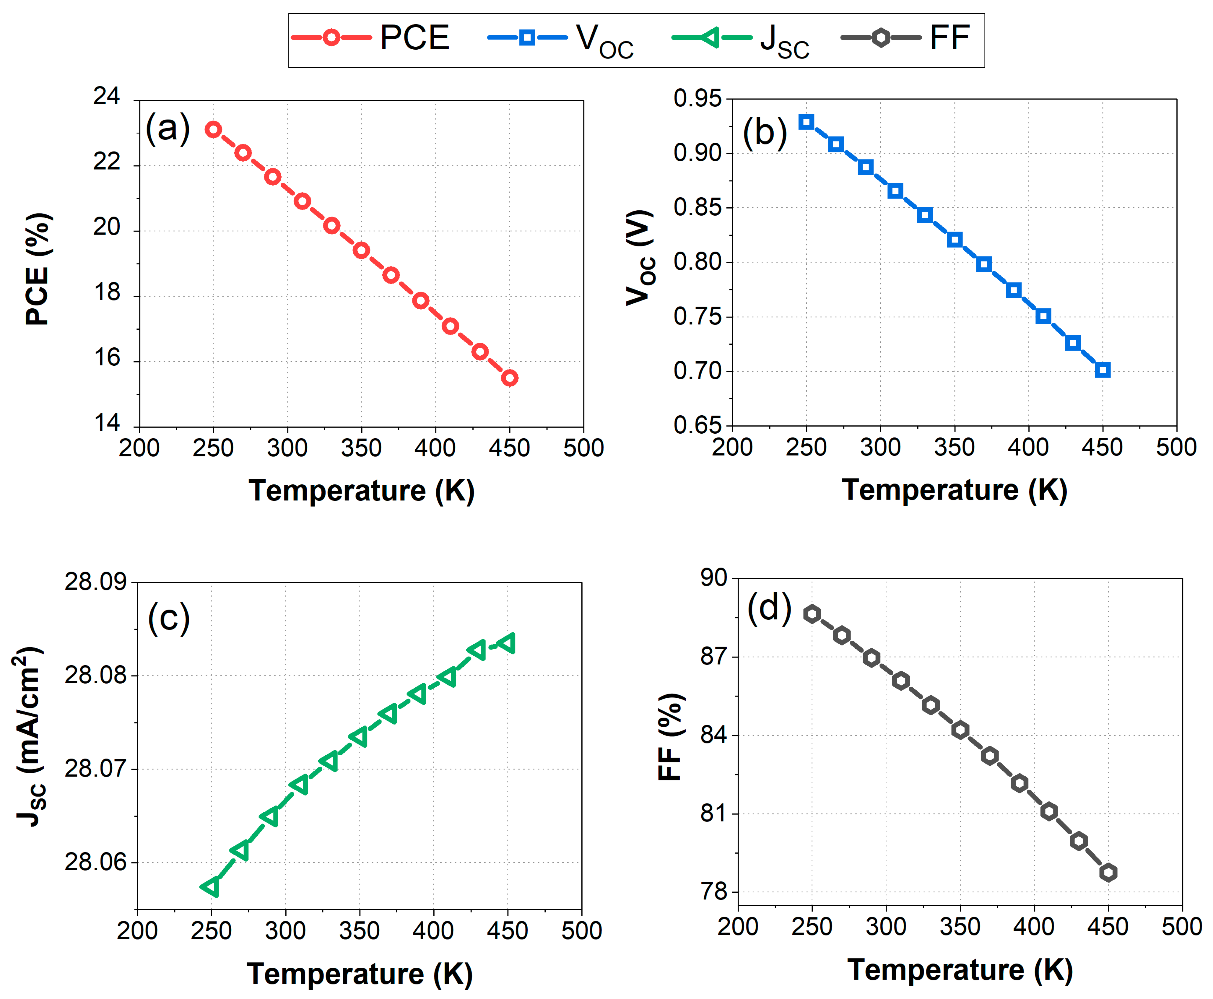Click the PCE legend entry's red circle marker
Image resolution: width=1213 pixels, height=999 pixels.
pyautogui.click(x=331, y=38)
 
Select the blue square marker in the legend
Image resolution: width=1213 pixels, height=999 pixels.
pyautogui.click(x=526, y=38)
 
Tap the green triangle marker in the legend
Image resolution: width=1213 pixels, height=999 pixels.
pyautogui.click(x=711, y=38)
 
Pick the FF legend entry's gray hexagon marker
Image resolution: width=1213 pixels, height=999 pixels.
pyautogui.click(x=880, y=38)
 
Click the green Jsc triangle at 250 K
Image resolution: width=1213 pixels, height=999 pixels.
pyautogui.click(x=211, y=887)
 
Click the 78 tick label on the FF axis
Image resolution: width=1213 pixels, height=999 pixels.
pyautogui.click(x=713, y=892)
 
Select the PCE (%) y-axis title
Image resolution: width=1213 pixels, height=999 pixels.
pyautogui.click(x=38, y=269)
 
